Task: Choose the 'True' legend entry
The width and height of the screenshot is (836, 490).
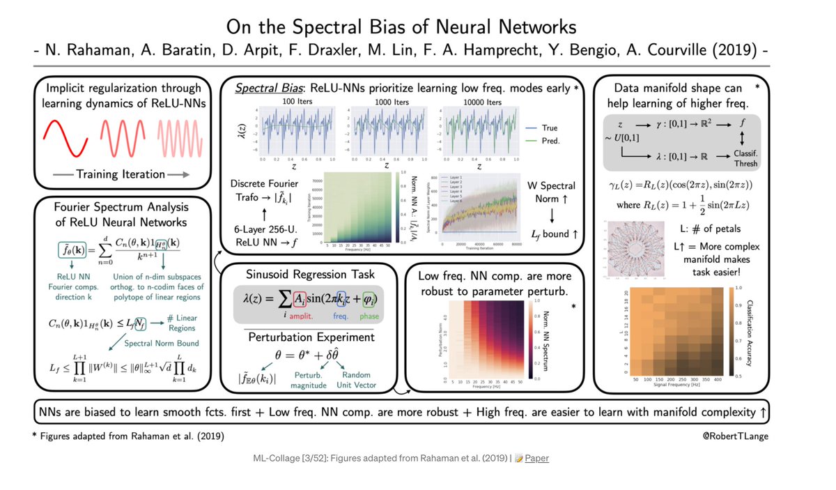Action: coord(550,128)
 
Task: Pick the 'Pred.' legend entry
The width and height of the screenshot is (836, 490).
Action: coord(550,141)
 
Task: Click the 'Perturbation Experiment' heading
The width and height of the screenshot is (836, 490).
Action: coord(311,337)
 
